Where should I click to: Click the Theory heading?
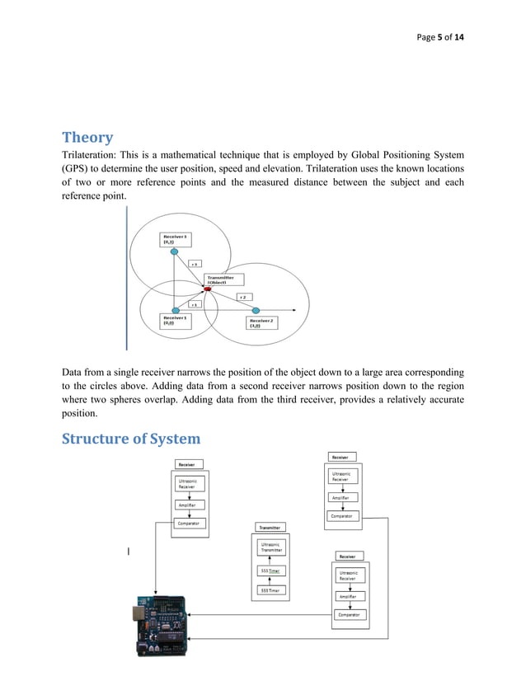[87, 137]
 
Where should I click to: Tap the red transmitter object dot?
[207, 289]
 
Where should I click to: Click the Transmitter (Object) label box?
[226, 279]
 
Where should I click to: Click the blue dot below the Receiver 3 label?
[174, 253]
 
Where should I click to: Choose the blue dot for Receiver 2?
[256, 311]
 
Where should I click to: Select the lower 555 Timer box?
[270, 590]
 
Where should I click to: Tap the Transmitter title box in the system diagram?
[270, 528]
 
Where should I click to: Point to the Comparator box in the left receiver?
[190, 524]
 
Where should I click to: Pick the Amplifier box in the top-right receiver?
[340, 498]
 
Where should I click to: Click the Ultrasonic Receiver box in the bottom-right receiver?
[348, 575]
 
